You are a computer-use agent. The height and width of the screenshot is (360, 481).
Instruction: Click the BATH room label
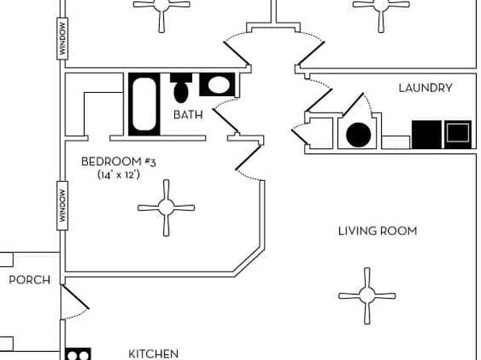pyautogui.click(x=188, y=115)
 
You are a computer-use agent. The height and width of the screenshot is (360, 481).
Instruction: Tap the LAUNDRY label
pyautogui.click(x=425, y=88)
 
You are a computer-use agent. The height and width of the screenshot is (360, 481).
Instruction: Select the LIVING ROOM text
pyautogui.click(x=378, y=231)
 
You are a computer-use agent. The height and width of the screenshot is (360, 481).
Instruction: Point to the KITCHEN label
pyautogui.click(x=153, y=354)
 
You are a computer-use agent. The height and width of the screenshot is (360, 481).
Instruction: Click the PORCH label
pyautogui.click(x=29, y=280)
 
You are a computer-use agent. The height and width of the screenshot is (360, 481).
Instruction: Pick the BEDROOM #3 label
pyautogui.click(x=119, y=161)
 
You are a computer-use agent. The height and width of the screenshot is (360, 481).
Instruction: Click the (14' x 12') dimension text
pyautogui.click(x=119, y=175)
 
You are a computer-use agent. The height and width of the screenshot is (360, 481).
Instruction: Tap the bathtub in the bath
pyautogui.click(x=144, y=104)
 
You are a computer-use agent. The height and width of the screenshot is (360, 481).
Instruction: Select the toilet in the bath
pyautogui.click(x=181, y=88)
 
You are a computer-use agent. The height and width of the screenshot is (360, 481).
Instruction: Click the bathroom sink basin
pyautogui.click(x=217, y=85)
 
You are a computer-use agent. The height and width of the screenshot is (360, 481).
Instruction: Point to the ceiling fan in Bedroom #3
pyautogui.click(x=166, y=207)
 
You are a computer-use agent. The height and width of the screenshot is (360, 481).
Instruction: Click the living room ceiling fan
pyautogui.click(x=367, y=296)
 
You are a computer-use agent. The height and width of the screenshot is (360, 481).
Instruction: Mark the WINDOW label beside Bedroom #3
pyautogui.click(x=63, y=206)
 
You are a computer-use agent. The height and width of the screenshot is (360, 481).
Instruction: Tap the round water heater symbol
pyautogui.click(x=358, y=135)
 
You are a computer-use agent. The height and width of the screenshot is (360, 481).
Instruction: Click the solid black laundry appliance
pyautogui.click(x=426, y=135)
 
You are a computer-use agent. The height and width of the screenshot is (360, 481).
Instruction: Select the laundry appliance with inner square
pyautogui.click(x=458, y=135)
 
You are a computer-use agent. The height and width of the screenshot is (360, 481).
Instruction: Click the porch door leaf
pyautogui.click(x=75, y=297)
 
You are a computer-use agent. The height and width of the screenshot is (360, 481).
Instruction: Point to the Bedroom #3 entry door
pyautogui.click(x=249, y=157)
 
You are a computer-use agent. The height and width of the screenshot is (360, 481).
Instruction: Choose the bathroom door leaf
pyautogui.click(x=225, y=120)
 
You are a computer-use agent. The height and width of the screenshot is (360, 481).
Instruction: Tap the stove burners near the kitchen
pyautogui.click(x=78, y=354)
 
